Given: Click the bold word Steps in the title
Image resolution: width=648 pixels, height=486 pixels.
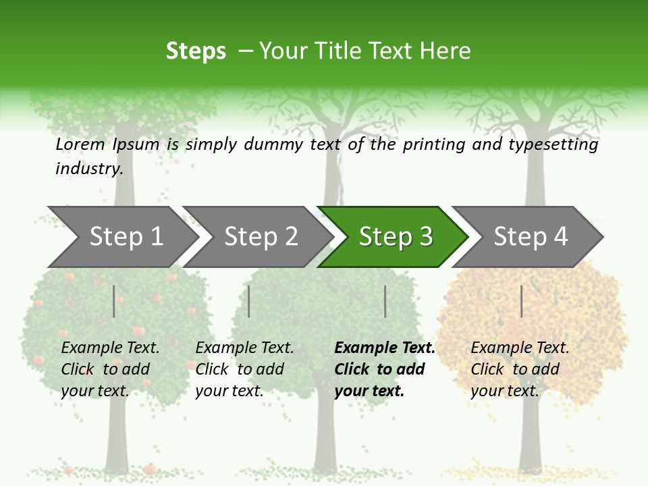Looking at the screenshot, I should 196,51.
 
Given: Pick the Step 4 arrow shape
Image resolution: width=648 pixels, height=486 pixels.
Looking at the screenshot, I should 530,237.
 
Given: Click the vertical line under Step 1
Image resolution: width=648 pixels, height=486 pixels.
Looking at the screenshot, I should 114,301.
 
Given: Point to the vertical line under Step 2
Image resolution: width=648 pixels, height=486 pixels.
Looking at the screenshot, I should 249,301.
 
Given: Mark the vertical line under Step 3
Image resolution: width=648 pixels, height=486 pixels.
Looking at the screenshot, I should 385,301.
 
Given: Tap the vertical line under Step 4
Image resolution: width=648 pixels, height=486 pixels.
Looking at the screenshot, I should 521,301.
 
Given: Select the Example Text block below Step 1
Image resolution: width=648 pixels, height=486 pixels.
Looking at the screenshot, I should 110,369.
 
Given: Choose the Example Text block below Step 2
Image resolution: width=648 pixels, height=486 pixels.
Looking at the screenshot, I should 244,369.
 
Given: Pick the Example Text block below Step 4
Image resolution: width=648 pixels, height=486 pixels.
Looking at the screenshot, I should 520,369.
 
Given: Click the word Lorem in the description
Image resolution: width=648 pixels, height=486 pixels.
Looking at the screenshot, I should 80,144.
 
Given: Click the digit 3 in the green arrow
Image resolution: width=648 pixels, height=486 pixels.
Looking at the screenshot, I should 425,237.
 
